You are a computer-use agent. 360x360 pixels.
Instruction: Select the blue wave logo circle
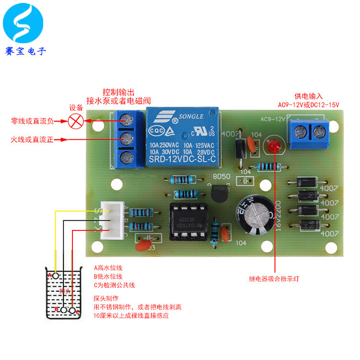pyautogui.click(x=23, y=23)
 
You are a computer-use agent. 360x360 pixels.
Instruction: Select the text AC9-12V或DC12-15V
pyautogui.click(x=308, y=105)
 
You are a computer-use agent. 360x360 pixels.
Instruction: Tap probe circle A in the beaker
pyautogui.click(x=56, y=276)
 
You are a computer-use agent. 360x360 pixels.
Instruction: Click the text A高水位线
pyautogui.click(x=108, y=267)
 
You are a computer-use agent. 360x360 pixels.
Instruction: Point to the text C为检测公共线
pyautogui.click(x=114, y=285)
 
